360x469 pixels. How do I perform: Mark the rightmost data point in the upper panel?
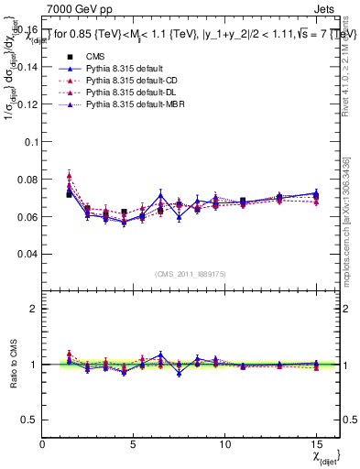pyautogui.click(x=315, y=195)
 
